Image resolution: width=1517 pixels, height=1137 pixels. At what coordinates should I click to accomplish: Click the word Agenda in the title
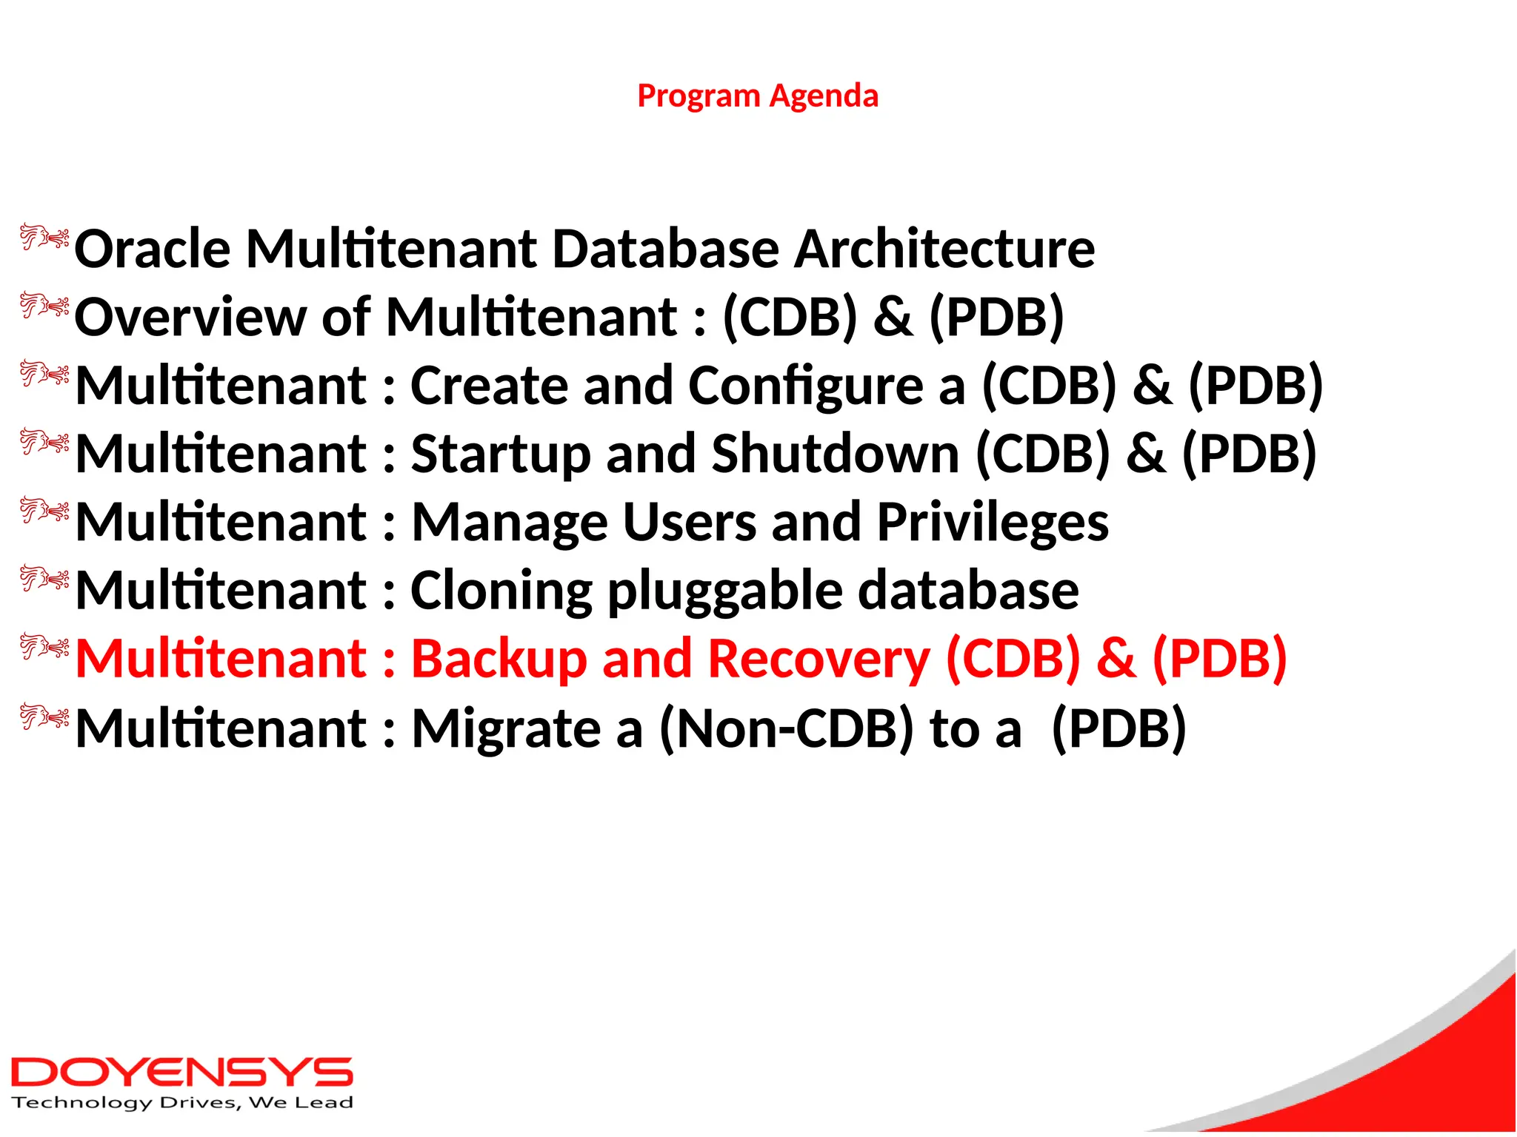point(824,96)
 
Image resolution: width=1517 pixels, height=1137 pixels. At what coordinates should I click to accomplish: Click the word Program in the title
point(699,96)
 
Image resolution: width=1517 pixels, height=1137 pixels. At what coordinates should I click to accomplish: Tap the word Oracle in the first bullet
point(152,249)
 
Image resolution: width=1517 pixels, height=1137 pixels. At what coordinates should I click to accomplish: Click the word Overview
point(190,318)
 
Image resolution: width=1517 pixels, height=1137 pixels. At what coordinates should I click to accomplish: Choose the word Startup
point(501,454)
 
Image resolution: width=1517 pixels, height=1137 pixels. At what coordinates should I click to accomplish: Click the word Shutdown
point(835,454)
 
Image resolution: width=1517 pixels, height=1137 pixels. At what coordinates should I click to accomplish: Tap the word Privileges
point(993,523)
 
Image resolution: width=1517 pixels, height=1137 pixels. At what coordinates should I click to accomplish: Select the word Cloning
point(501,591)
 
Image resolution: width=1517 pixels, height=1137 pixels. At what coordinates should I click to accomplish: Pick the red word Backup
point(499,659)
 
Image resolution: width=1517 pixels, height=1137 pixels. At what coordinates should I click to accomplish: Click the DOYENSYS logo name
point(181,1073)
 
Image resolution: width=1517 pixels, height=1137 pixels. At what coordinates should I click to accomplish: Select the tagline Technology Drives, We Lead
point(181,1103)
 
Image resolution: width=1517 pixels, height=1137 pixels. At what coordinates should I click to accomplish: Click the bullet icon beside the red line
point(44,647)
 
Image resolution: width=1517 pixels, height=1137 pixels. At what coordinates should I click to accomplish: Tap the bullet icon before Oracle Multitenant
point(44,238)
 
